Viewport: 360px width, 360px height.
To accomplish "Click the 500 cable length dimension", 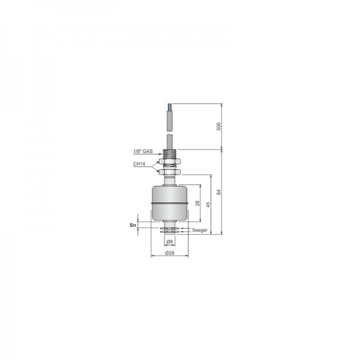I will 219,127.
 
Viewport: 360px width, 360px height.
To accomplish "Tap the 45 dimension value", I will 208,205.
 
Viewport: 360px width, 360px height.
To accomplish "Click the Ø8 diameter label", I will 170,242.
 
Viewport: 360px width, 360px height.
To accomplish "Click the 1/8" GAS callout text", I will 143,152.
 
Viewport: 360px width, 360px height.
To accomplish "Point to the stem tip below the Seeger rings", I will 170,235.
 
